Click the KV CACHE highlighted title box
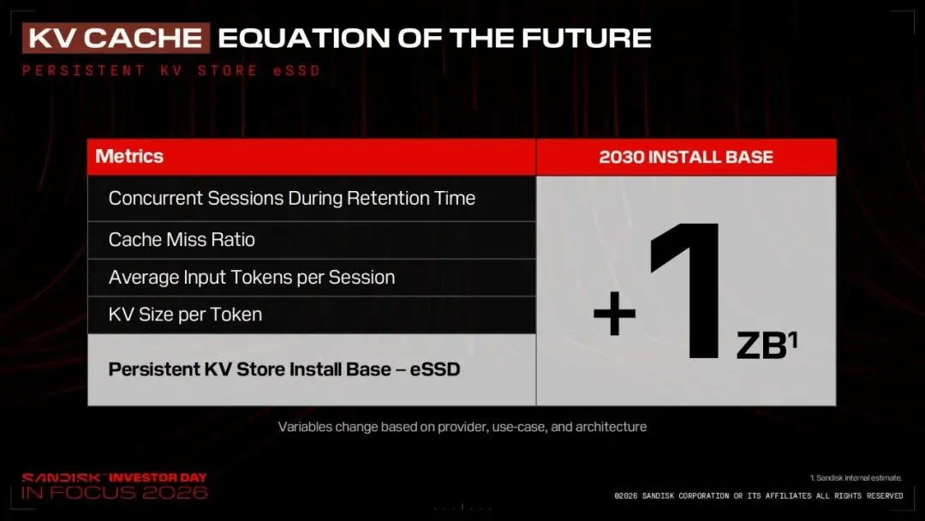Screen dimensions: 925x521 [x=116, y=39]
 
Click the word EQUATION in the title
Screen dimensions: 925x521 [x=304, y=39]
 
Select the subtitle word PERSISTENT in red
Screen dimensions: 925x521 [x=84, y=71]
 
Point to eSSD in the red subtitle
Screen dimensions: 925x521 [x=296, y=71]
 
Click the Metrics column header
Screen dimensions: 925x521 [x=129, y=156]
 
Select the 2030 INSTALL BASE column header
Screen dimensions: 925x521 [x=686, y=157]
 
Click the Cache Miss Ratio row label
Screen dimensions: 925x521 [x=182, y=240]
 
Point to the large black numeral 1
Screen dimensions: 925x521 [x=686, y=290]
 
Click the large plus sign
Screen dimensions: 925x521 [x=615, y=314]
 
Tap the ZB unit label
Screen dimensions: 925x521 [x=761, y=345]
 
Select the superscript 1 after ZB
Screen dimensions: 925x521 [x=793, y=339]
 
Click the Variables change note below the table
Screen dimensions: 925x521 [x=462, y=427]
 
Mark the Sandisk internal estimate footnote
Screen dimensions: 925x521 [x=856, y=478]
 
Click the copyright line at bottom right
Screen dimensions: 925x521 [x=759, y=496]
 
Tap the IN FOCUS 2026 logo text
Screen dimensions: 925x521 [x=115, y=493]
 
